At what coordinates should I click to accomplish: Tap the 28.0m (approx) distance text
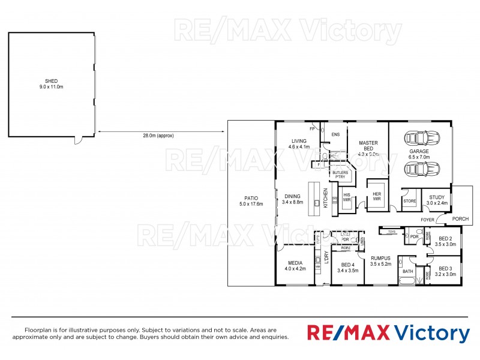click(158, 136)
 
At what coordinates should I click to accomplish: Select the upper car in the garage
click(418, 138)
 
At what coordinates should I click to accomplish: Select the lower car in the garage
click(418, 170)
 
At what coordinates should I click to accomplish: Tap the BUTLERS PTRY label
click(340, 175)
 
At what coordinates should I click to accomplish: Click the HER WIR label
click(377, 197)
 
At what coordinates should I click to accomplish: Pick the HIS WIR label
click(346, 197)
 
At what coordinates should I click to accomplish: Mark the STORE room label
click(410, 202)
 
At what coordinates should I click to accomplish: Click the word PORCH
click(460, 218)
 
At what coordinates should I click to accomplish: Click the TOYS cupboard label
click(392, 231)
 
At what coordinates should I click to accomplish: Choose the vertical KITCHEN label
click(326, 197)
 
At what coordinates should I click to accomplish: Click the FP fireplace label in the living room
click(312, 129)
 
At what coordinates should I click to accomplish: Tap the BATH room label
click(408, 271)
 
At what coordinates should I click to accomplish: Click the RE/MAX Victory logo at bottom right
click(388, 332)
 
